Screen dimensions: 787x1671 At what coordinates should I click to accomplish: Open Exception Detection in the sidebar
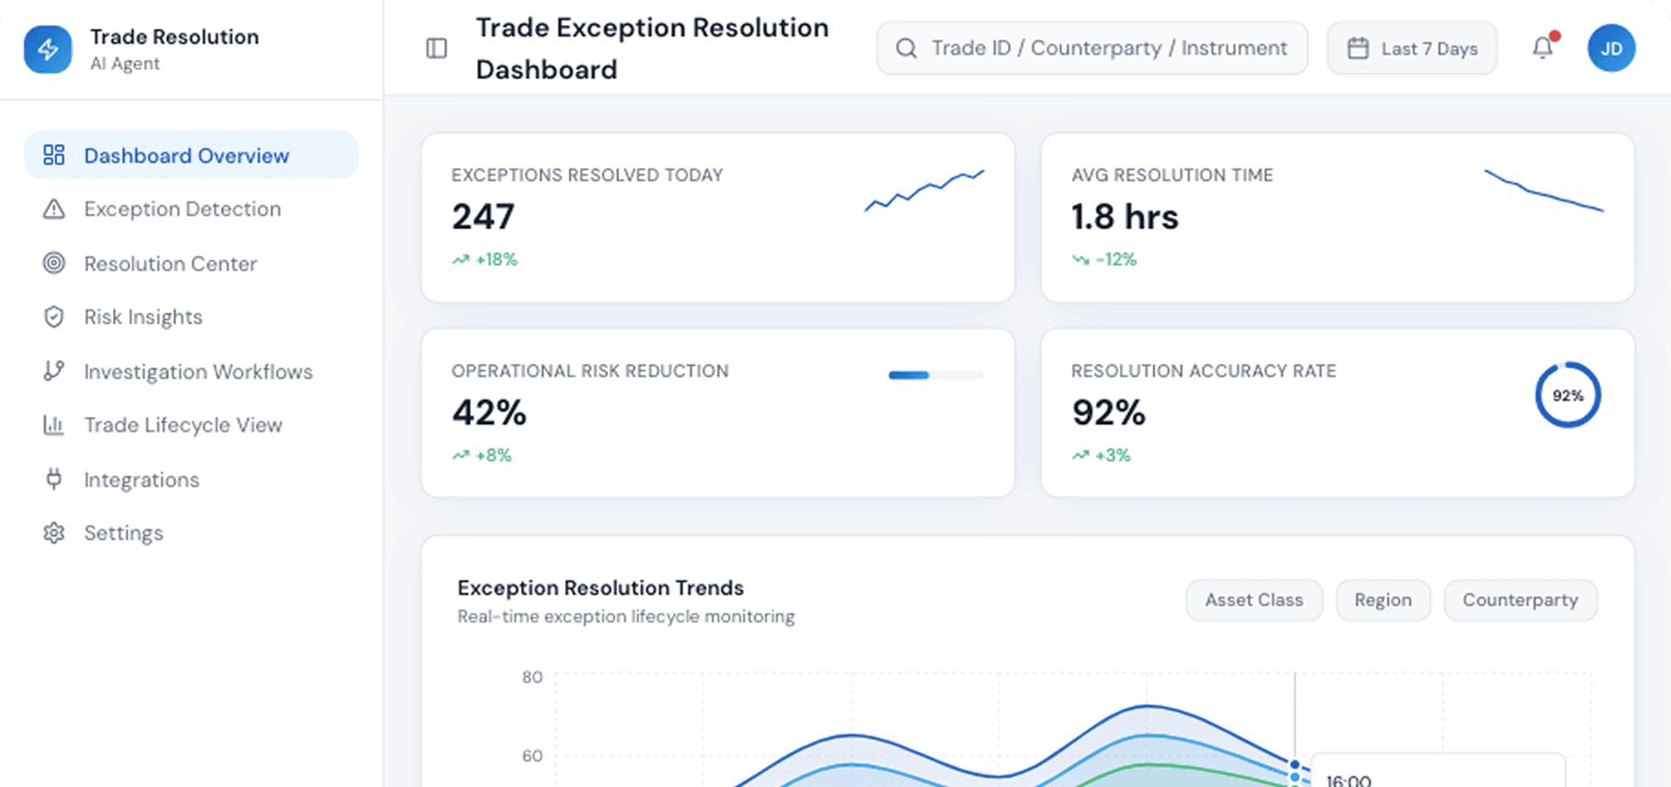click(181, 209)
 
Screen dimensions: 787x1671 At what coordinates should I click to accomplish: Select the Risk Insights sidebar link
click(143, 317)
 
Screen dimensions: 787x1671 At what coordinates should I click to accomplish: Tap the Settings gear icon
click(54, 533)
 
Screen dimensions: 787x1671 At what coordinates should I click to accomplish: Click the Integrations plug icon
click(54, 479)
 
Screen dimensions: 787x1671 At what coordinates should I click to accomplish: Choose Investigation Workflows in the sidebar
click(198, 372)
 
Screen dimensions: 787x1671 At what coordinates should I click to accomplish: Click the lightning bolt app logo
click(48, 49)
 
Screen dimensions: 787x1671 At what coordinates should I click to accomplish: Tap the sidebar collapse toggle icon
click(437, 49)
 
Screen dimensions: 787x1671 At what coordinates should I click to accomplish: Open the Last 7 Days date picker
click(1411, 49)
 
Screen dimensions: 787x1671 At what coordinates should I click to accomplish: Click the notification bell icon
click(1543, 48)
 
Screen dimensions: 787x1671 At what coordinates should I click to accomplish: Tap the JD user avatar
click(1611, 49)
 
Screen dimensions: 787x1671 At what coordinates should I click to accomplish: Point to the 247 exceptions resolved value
click(483, 217)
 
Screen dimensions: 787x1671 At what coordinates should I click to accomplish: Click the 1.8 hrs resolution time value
click(1125, 217)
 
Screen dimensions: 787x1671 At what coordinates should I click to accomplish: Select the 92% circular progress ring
click(1568, 395)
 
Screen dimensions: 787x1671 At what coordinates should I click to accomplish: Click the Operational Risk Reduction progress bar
click(936, 376)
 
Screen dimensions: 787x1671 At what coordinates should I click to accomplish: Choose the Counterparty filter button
click(1520, 600)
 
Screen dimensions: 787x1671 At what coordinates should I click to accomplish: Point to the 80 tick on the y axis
click(532, 677)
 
